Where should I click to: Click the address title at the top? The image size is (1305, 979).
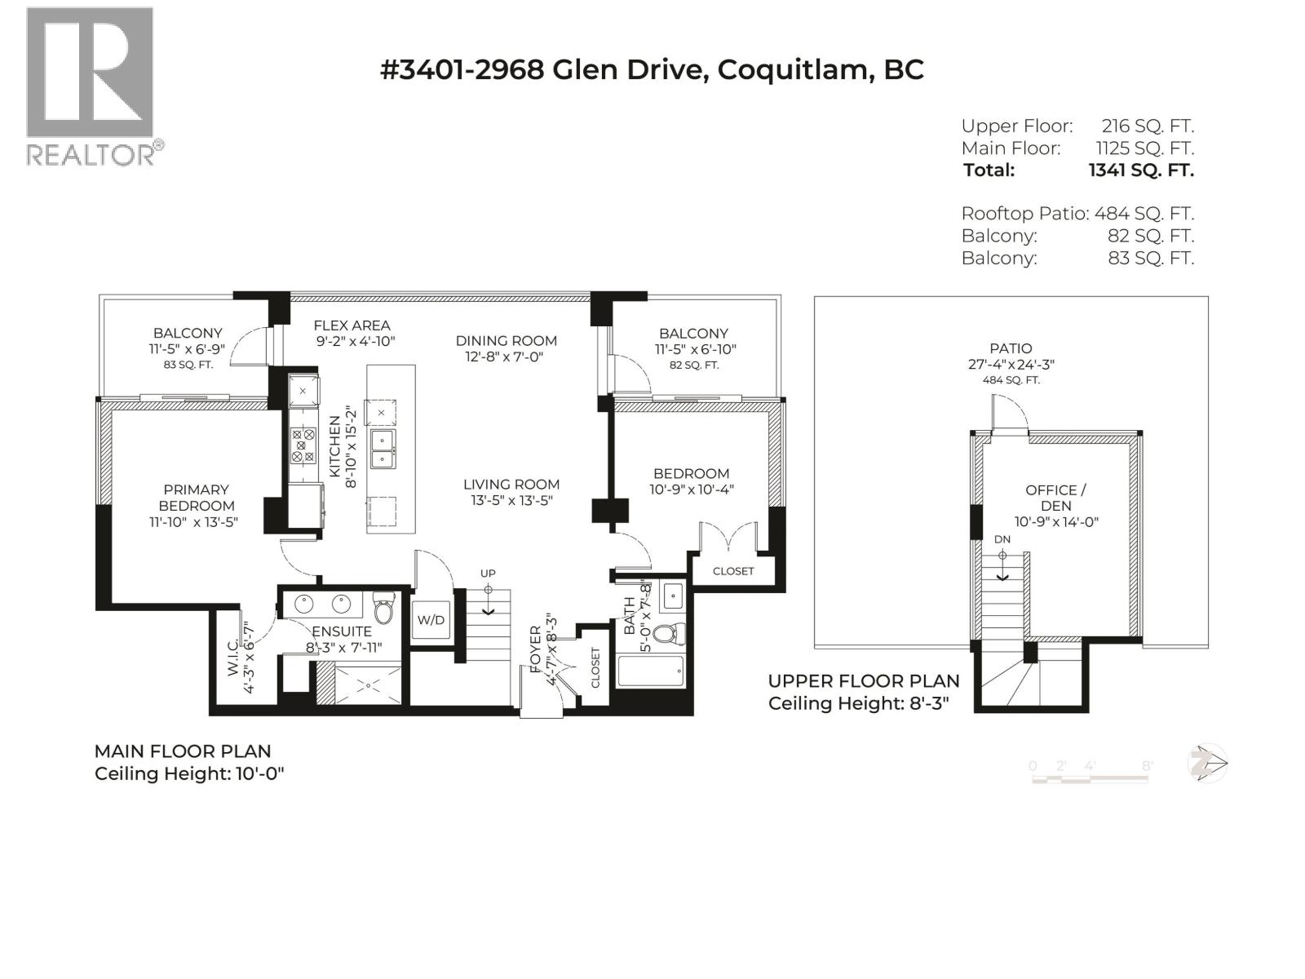point(652,69)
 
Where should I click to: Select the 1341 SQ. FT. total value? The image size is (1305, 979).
point(1140,171)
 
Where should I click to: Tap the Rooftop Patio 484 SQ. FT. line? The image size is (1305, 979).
point(1077,214)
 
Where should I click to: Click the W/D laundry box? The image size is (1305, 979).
point(431,620)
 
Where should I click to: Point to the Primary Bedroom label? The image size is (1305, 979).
point(196,498)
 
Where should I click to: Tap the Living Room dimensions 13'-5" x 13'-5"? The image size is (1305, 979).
point(511,500)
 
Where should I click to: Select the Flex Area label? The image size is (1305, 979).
point(352,326)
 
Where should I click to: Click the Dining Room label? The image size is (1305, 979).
point(506,341)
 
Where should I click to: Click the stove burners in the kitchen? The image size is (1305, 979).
point(303,446)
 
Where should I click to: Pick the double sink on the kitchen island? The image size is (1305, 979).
point(383,450)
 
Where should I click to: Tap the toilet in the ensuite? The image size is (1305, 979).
point(383,609)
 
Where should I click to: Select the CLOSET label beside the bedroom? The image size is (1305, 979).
point(733,571)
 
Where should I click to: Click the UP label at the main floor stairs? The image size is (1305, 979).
point(488,574)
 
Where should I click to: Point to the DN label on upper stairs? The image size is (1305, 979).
point(1002,539)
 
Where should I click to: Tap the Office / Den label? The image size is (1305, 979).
point(1055,498)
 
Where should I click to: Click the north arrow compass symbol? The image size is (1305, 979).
point(1207,764)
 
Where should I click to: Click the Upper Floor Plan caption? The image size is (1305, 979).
point(864,681)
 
